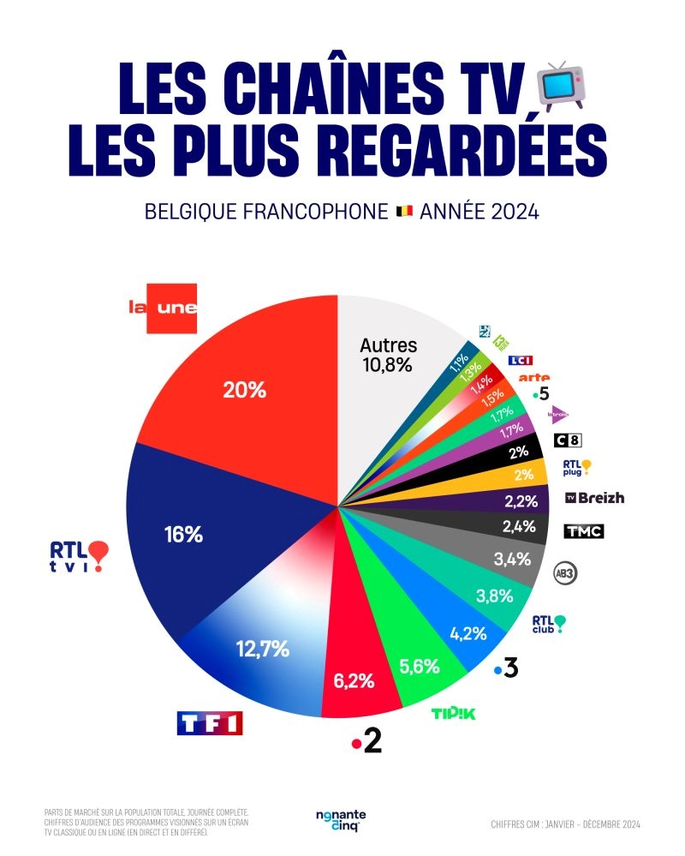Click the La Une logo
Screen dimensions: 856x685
pyautogui.click(x=163, y=308)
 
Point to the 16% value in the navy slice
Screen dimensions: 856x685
pyautogui.click(x=182, y=535)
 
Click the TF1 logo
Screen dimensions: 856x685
pyautogui.click(x=209, y=722)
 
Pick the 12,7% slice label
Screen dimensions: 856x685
pyautogui.click(x=263, y=649)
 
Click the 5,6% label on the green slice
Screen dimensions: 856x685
pyautogui.click(x=420, y=665)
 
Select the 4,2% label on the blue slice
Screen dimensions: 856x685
pyautogui.click(x=468, y=634)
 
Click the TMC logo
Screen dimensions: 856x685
pyautogui.click(x=583, y=531)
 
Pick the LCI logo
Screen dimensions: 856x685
pyautogui.click(x=520, y=361)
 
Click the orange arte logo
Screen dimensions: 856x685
pyautogui.click(x=535, y=377)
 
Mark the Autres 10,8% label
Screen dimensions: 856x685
pyautogui.click(x=388, y=355)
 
